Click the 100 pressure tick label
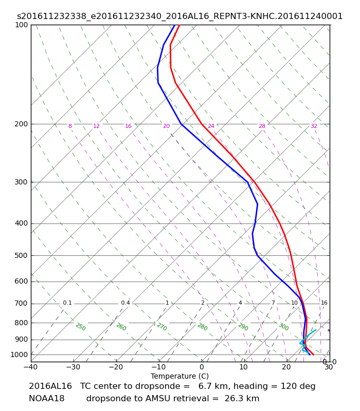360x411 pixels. click(x=21, y=25)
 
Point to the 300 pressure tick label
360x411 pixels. click(x=21, y=182)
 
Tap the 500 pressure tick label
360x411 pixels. click(x=21, y=255)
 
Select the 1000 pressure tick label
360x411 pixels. click(x=19, y=354)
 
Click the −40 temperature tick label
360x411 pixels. click(x=31, y=367)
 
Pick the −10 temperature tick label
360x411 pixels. click(x=159, y=367)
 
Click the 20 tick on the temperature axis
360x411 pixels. click(x=286, y=367)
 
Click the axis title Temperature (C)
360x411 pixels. click(x=179, y=376)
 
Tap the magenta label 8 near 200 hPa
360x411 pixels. click(x=70, y=126)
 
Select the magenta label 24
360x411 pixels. click(x=211, y=126)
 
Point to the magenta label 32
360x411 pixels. click(x=314, y=126)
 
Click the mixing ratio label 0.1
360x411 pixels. click(x=67, y=303)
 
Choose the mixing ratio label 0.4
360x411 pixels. click(x=125, y=303)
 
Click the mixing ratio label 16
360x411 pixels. click(x=324, y=303)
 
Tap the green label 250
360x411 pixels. click(x=81, y=327)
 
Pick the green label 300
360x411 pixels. click(x=284, y=327)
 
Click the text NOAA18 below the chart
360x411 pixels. click(x=46, y=399)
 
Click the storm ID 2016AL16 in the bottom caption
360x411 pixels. click(x=50, y=386)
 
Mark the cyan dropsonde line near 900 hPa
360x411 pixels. click(x=302, y=341)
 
